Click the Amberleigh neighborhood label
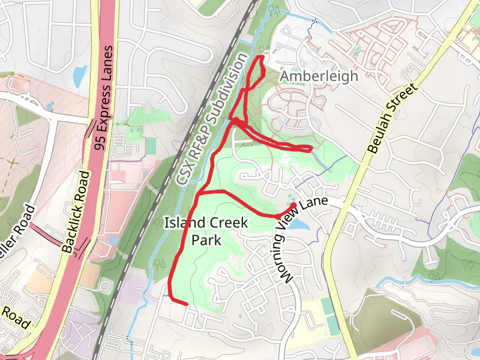tap(319, 76)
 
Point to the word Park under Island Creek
tap(207, 241)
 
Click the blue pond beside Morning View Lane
tap(302, 224)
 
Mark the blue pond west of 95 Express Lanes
tap(79, 76)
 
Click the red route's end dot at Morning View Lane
tap(293, 206)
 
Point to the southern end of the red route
tap(187, 304)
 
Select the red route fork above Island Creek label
tap(199, 193)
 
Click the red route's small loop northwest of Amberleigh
tap(257, 68)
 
